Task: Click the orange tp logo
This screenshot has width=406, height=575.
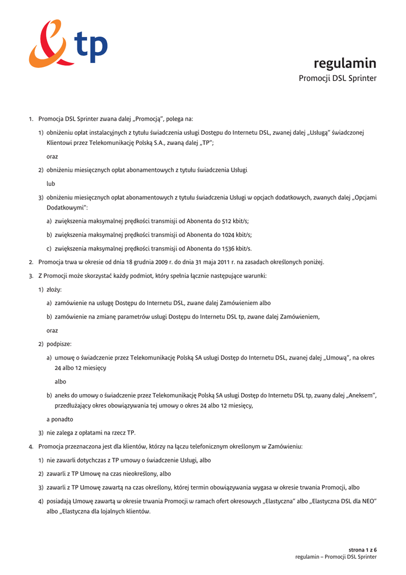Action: [x=67, y=43]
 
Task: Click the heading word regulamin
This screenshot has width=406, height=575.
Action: [x=345, y=63]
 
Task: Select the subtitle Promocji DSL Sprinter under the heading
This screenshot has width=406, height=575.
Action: [x=337, y=78]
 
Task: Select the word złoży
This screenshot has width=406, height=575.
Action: [x=54, y=289]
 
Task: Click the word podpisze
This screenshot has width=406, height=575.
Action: [x=58, y=344]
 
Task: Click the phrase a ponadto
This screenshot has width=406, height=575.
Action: [x=59, y=419]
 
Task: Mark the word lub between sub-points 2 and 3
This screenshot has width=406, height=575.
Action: [x=50, y=184]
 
